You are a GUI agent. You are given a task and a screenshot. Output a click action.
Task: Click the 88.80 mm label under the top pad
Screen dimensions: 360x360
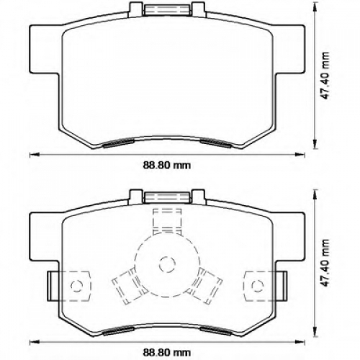point(167,166)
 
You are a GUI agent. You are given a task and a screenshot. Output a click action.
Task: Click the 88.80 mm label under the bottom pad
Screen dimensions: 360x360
point(167,353)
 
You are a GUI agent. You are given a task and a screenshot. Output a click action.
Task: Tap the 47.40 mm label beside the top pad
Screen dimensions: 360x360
point(325,75)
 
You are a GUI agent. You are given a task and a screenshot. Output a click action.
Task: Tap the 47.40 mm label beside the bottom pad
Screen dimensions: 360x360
point(325,263)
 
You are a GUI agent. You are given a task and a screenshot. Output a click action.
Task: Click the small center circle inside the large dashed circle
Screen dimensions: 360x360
point(167,264)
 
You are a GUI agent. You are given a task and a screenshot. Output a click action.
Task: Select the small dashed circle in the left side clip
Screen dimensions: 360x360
point(77,286)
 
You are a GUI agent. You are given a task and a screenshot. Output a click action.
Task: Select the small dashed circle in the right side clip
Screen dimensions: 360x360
point(258,286)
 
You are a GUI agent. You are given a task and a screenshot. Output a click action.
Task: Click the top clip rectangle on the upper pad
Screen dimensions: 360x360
point(168,10)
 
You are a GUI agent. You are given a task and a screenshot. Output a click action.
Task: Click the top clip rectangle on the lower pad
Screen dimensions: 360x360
point(167,197)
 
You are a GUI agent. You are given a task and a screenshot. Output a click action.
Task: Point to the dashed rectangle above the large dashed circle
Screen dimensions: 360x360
point(167,221)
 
